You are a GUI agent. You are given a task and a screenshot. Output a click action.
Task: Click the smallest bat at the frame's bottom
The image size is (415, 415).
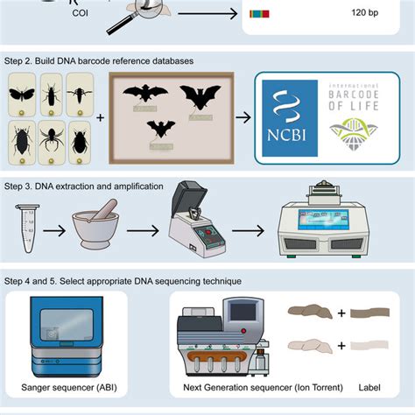[x=160, y=130]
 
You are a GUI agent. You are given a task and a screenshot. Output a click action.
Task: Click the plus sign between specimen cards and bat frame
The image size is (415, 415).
[x=101, y=117]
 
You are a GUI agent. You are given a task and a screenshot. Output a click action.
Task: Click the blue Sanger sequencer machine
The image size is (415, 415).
[x=67, y=336]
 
